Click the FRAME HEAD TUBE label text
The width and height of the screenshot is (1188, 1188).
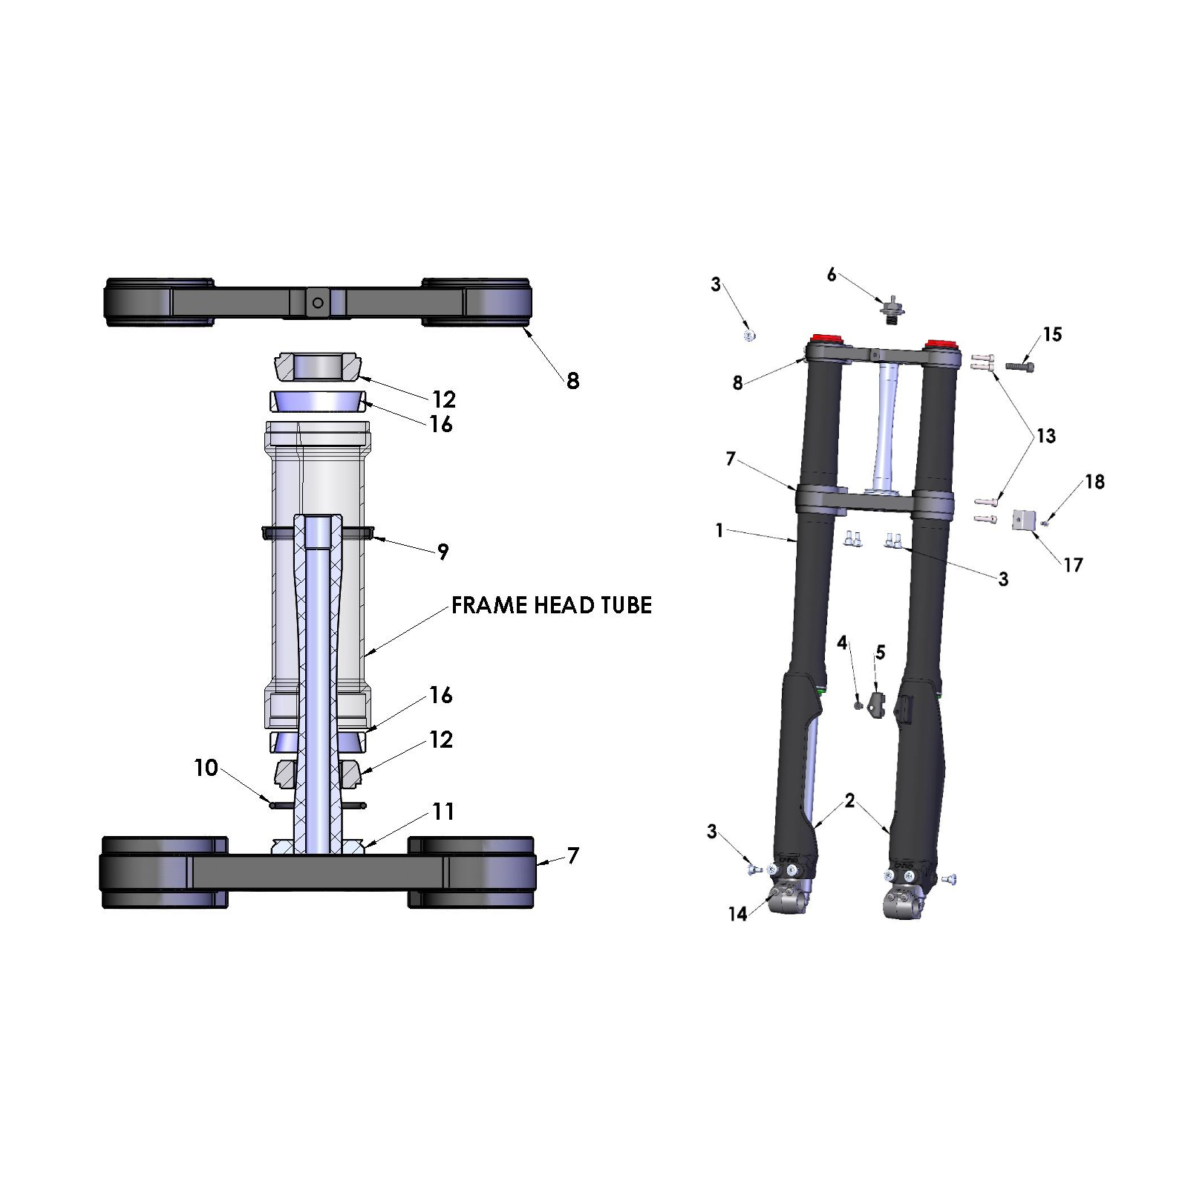pos(552,605)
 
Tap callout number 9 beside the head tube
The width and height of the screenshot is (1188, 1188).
pos(443,552)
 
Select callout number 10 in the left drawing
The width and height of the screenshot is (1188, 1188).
pos(206,768)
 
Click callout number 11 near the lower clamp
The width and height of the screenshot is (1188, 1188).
pos(443,812)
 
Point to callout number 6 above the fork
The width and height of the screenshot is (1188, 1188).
pos(832,275)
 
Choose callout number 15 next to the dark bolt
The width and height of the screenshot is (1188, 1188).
pos(1052,334)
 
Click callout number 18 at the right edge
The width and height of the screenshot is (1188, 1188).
pos(1094,482)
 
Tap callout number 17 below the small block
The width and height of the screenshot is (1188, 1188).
pos(1073,565)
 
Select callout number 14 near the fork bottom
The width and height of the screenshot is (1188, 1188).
pos(737,914)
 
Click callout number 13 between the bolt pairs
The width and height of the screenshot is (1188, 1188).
pos(1046,436)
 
